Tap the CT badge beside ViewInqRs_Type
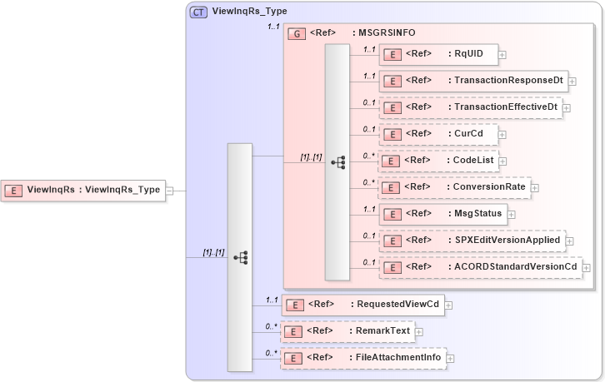pos(199,12)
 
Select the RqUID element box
pos(437,55)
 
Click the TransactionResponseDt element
pos(473,81)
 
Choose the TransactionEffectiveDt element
pos(470,107)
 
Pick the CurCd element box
pos(437,134)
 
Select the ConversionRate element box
pos(454,187)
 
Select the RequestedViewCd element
pos(362,305)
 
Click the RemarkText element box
pos(347,331)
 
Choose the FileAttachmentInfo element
pos(363,358)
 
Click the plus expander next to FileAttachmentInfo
pos(451,359)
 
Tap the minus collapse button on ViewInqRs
pos(169,190)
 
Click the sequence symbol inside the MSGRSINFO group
pos(337,162)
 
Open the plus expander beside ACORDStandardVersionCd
pos(587,268)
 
